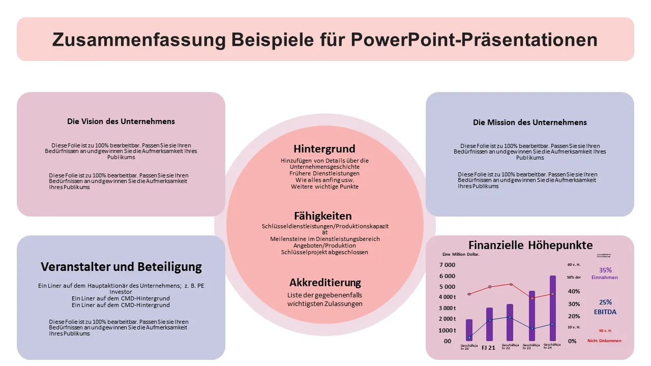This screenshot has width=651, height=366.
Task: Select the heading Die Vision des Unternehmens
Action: tap(121, 121)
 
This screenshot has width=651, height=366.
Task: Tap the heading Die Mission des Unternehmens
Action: tap(529, 123)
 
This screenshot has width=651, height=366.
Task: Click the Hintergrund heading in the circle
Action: tap(324, 149)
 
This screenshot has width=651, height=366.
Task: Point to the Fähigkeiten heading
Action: tap(323, 216)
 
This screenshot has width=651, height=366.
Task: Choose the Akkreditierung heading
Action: tap(325, 283)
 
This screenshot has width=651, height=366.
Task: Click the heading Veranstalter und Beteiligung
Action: tap(121, 267)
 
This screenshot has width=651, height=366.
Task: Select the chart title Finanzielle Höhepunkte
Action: tap(530, 245)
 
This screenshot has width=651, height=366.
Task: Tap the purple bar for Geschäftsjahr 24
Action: tap(552, 310)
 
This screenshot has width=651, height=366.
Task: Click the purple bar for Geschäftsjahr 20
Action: tap(469, 330)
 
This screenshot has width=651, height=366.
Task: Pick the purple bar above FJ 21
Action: tap(489, 325)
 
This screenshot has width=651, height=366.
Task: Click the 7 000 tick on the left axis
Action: tap(447, 265)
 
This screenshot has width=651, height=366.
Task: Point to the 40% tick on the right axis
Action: tap(574, 292)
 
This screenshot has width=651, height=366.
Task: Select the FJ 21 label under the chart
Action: tap(488, 348)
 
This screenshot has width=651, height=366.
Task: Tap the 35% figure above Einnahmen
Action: tap(605, 270)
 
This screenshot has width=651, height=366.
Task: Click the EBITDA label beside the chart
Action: tap(605, 312)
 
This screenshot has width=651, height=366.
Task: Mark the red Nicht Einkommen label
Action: tap(604, 341)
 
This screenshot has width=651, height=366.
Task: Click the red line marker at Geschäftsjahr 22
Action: tap(511, 284)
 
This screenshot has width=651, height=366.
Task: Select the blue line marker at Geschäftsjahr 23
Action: tap(532, 328)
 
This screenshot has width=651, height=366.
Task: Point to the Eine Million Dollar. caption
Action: tap(461, 254)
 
